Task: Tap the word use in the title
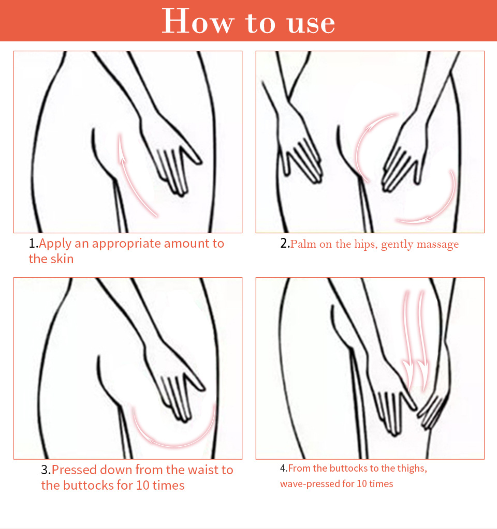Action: click(x=311, y=24)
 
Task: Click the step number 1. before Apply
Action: click(x=34, y=243)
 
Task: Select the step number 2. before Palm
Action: click(x=285, y=243)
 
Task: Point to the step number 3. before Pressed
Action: click(x=46, y=470)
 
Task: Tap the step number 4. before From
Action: click(x=284, y=468)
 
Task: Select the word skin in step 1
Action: click(x=62, y=259)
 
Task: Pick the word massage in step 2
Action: click(x=437, y=245)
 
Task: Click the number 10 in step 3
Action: click(x=142, y=485)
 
